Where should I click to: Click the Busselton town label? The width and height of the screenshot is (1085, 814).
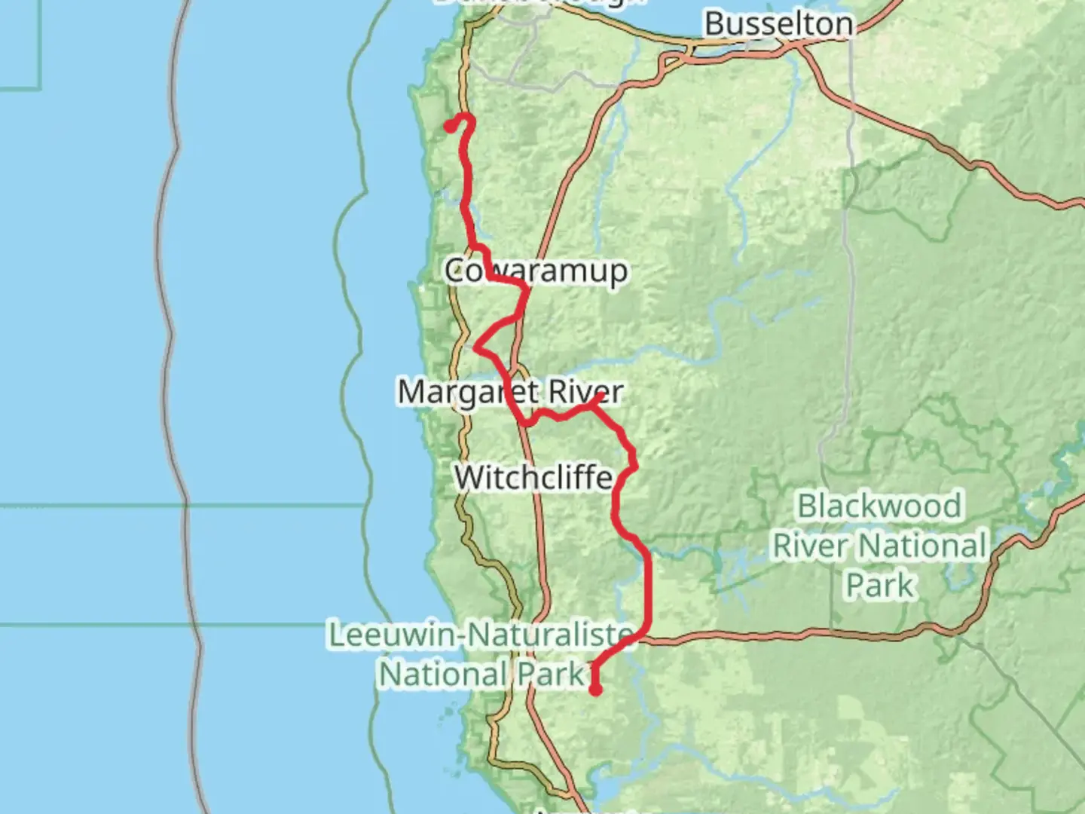[778, 24]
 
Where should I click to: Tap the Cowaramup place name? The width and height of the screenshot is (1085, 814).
[536, 271]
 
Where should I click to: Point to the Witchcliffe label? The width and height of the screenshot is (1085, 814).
[533, 477]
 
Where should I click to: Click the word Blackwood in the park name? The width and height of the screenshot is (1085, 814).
[879, 506]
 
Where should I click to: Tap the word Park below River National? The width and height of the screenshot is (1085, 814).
[879, 585]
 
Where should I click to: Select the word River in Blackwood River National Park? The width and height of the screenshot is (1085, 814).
[813, 546]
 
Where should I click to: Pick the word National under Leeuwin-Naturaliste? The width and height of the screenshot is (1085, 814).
[444, 674]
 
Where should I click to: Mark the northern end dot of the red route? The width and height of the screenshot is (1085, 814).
[449, 127]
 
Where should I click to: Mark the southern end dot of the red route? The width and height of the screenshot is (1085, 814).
[595, 689]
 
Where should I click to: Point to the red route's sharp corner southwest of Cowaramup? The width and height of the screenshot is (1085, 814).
[476, 347]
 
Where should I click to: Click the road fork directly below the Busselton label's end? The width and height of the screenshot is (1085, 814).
[800, 47]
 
